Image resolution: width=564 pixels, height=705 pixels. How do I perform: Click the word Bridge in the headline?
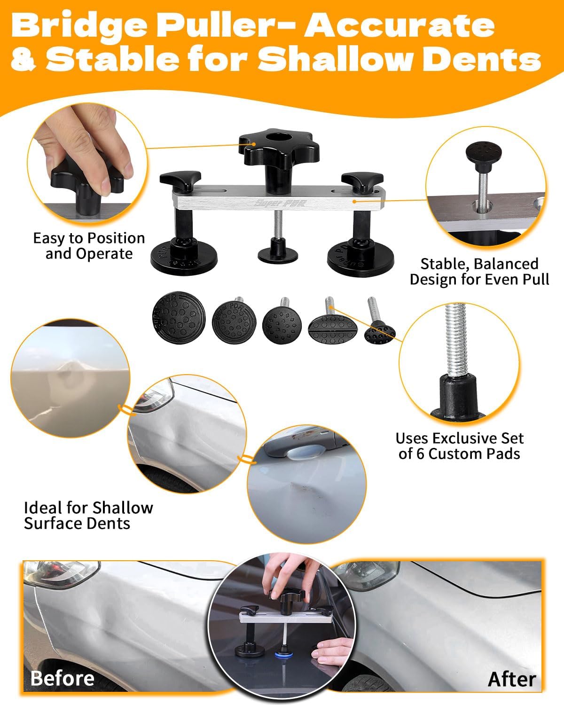(x=79, y=27)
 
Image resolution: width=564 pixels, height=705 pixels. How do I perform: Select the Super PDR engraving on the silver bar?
(x=280, y=203)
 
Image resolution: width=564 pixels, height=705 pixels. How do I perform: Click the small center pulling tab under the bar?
(x=278, y=252)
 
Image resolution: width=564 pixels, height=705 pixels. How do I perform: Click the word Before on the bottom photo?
(x=62, y=678)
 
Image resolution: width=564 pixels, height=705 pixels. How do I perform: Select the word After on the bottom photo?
(x=512, y=680)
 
